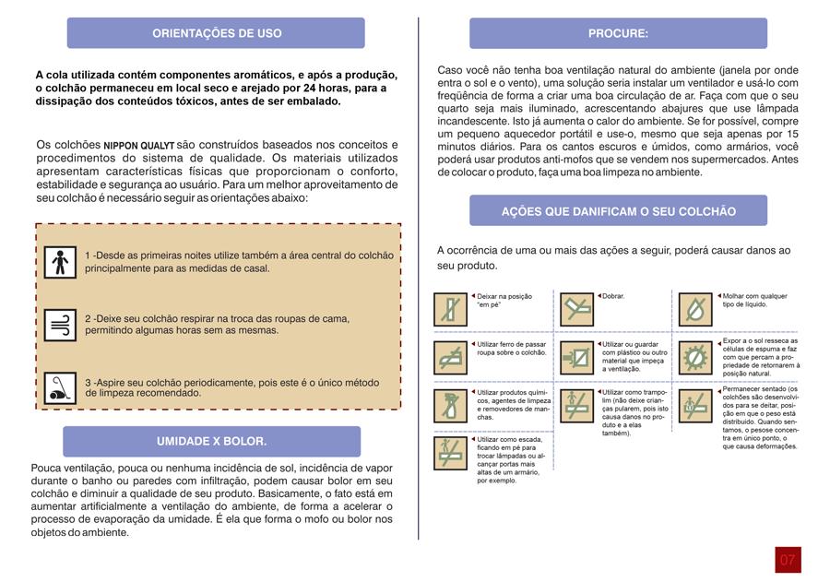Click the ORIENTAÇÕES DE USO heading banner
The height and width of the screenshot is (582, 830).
coord(216,33)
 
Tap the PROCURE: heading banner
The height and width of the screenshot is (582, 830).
coord(618,33)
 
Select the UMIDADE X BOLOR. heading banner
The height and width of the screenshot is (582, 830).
coord(211,442)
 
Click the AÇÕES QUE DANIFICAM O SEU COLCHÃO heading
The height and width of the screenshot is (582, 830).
coord(618,211)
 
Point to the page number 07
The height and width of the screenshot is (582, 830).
coord(788,560)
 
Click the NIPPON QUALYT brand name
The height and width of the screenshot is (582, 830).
coord(138,146)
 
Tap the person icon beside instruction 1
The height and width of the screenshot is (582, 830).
coord(61,262)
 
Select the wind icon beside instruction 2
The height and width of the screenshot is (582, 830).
coord(61,325)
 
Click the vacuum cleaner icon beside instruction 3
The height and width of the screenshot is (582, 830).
coord(61,387)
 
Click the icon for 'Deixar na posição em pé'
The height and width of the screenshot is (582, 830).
coord(452,309)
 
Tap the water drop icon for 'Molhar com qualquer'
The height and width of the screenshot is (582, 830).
coord(697,309)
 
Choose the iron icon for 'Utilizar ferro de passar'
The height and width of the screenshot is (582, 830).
coord(452,357)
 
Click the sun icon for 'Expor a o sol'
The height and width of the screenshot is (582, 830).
coord(697,357)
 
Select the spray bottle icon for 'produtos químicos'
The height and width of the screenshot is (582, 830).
coord(452,406)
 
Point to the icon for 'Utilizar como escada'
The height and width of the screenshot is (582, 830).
coord(452,454)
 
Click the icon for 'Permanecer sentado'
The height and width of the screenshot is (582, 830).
coord(697,406)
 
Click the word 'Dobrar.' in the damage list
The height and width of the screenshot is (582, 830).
coord(613,296)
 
